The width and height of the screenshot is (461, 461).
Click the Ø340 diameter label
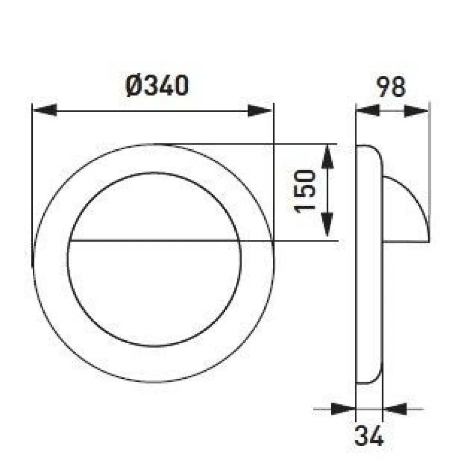(x=157, y=86)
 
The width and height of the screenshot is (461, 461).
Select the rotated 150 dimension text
(x=305, y=191)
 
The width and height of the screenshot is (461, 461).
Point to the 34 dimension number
(x=369, y=436)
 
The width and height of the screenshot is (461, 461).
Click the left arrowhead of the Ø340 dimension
(x=44, y=111)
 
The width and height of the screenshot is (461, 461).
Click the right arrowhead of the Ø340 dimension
(x=260, y=111)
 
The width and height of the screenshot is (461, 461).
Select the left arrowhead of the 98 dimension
(x=367, y=111)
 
